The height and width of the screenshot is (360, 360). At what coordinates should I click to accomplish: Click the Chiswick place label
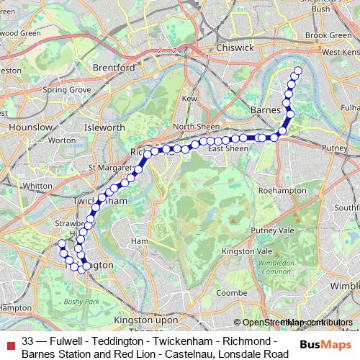tap(234, 48)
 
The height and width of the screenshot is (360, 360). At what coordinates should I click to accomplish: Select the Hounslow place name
tap(30, 127)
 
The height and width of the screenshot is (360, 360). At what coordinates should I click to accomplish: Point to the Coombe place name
tap(232, 293)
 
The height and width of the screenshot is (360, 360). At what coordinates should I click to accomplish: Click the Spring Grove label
tap(66, 90)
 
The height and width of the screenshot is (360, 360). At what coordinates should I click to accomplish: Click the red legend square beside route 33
tap(9, 340)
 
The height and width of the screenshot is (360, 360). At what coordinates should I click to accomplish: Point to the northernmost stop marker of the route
tap(297, 71)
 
